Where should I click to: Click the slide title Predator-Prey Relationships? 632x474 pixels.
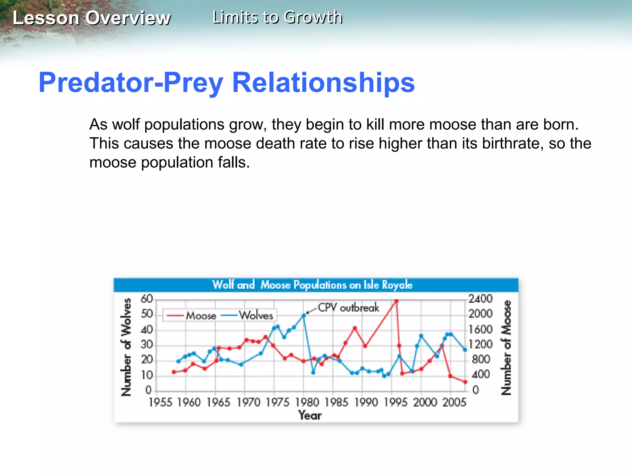(x=227, y=82)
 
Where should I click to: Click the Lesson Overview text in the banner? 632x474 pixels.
(x=92, y=18)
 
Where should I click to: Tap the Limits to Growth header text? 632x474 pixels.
(x=277, y=17)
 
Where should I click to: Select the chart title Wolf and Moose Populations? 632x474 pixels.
(x=312, y=285)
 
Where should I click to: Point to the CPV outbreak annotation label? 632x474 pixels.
(x=348, y=308)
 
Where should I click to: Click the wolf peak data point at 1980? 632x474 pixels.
(x=304, y=316)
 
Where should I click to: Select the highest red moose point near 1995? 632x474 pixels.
(x=396, y=301)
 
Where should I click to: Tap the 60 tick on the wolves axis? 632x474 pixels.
(x=147, y=299)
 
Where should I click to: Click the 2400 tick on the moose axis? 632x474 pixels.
(x=480, y=299)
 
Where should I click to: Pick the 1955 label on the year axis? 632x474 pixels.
(x=160, y=402)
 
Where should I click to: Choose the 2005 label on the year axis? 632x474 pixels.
(x=454, y=402)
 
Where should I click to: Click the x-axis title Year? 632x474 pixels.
(x=310, y=415)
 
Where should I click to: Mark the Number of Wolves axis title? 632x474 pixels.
(x=126, y=347)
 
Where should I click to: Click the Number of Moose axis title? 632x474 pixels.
(x=506, y=347)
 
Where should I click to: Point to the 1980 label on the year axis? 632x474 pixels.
(x=307, y=402)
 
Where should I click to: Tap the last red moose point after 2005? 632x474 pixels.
(x=465, y=382)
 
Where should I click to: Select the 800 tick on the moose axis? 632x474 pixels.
(x=481, y=359)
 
